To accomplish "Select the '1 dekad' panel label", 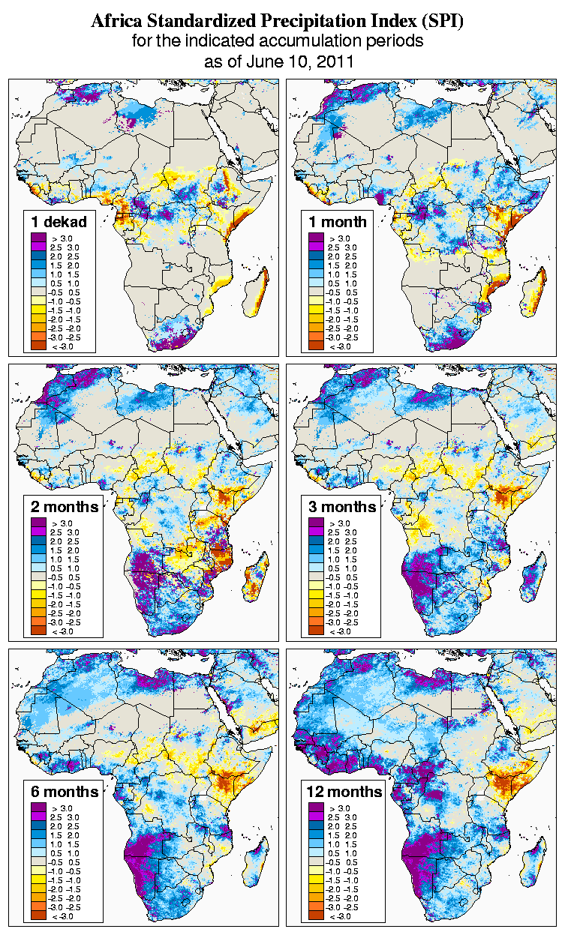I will pos(59,221).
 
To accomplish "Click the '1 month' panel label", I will pos(338,221).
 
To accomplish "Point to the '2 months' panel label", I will pos(65,506).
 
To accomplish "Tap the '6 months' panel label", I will pos(65,791).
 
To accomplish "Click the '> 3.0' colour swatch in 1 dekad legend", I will pos(38,238).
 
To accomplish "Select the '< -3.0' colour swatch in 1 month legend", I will pos(316,346).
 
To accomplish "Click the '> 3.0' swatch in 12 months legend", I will pos(316,808).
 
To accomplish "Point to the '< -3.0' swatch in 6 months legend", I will pos(38,916).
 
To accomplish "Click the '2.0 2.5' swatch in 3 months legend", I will pos(316,541).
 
